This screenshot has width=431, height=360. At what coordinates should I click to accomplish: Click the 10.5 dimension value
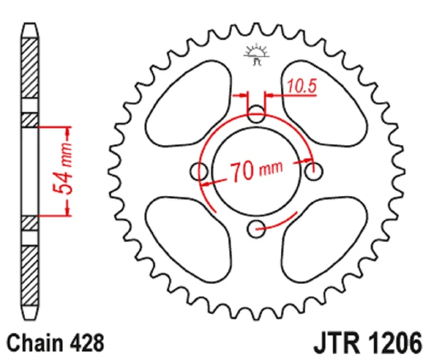pyautogui.click(x=302, y=86)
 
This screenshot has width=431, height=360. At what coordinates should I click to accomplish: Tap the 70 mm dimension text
pyautogui.click(x=256, y=171)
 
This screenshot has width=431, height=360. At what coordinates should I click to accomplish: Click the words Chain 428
pyautogui.click(x=55, y=343)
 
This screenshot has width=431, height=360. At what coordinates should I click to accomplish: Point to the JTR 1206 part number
pyautogui.click(x=368, y=343)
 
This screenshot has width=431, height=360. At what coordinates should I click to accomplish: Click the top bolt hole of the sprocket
pyautogui.click(x=256, y=114)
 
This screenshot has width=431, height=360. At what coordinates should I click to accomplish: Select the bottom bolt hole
pyautogui.click(x=256, y=229)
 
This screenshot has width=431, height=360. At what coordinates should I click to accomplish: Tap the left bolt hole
pyautogui.click(x=199, y=171)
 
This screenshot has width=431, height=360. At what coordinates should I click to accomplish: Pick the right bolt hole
pyautogui.click(x=314, y=171)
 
